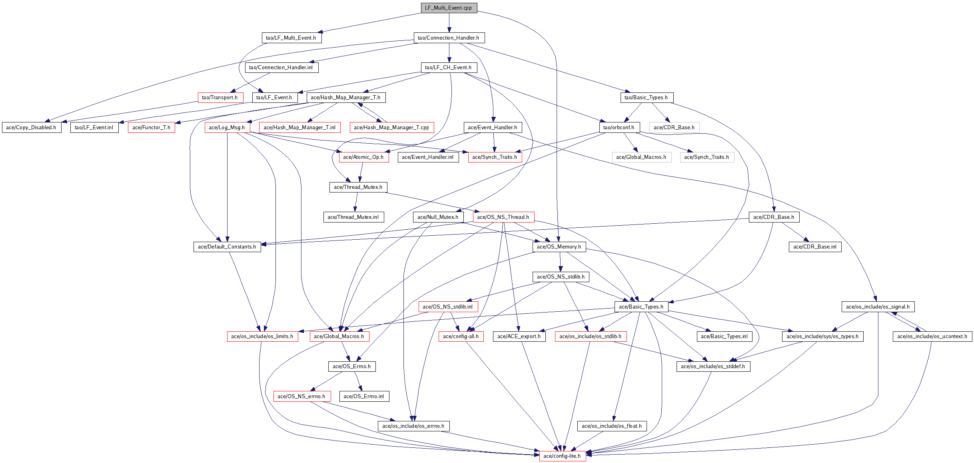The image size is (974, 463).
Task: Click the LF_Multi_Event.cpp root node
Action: point(449,8)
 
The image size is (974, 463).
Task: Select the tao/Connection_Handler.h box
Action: point(449,38)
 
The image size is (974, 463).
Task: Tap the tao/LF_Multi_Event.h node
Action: point(291,38)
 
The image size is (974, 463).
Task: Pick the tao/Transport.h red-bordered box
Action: point(220,98)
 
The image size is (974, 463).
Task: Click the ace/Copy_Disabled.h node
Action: point(32,128)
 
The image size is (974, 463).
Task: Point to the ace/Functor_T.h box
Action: point(151,128)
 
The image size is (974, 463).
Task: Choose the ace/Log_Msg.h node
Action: point(227,128)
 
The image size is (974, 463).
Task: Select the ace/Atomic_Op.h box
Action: point(363,157)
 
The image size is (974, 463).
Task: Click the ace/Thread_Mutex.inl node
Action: point(353,217)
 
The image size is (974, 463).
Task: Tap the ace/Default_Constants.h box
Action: point(227,247)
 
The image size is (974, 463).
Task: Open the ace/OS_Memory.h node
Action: point(559,247)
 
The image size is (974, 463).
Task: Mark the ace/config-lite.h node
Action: point(562,456)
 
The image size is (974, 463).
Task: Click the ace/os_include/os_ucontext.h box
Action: point(932,337)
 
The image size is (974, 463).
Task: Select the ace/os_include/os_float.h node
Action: point(612,426)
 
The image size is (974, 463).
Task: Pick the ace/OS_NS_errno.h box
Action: point(301,397)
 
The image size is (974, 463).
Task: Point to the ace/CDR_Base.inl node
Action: point(815,247)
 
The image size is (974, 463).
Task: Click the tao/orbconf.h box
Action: point(619,128)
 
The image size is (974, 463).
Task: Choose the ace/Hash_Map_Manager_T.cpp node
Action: point(391,128)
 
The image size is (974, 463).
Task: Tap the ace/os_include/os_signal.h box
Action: point(878,307)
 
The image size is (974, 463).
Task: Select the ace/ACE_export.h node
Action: point(519,337)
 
